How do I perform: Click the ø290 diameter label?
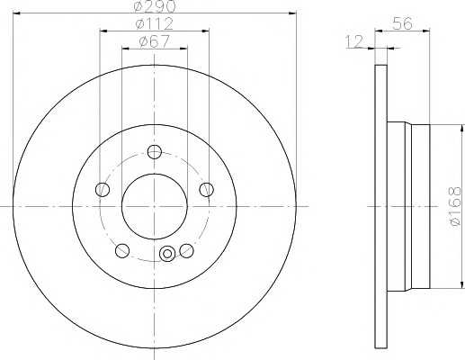pos(154,6)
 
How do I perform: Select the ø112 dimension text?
pos(154,23)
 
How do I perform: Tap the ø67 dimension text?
pos(155,41)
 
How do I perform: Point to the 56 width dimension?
pos(402,23)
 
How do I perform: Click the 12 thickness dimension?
pos(354,41)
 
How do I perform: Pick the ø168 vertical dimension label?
pos(454,206)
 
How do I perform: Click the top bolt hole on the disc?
pos(155,152)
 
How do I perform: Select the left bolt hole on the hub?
pos(103,190)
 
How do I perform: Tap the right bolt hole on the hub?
pos(207,190)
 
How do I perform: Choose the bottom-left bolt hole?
pos(122,251)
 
